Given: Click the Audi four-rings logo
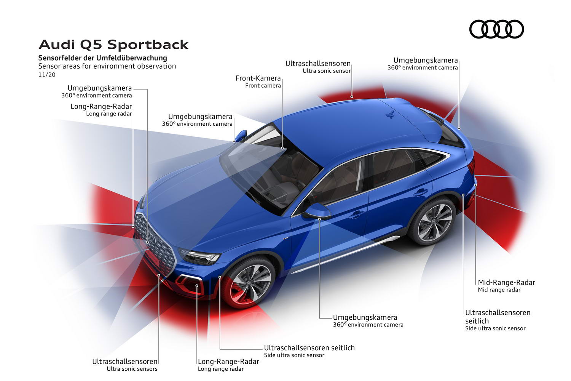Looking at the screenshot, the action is pyautogui.click(x=496, y=29).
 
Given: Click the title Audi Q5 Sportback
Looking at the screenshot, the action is pyautogui.click(x=113, y=45).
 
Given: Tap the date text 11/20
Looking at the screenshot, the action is pyautogui.click(x=47, y=75).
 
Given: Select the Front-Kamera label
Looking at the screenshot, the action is pyautogui.click(x=258, y=78).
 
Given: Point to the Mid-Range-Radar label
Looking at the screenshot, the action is pyautogui.click(x=507, y=282).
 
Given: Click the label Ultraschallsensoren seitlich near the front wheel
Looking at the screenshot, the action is pyautogui.click(x=309, y=347).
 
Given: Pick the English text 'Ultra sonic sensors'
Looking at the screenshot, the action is pyautogui.click(x=132, y=369).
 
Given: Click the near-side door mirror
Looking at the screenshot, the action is pyautogui.click(x=317, y=211).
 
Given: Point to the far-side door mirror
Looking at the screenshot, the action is pyautogui.click(x=240, y=136).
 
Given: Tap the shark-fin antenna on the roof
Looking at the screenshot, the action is pyautogui.click(x=390, y=115).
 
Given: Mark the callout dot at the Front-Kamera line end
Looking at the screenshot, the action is pyautogui.click(x=282, y=148).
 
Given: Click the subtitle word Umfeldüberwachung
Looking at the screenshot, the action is pyautogui.click(x=132, y=58).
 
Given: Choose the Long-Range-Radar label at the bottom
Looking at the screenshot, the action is pyautogui.click(x=228, y=361).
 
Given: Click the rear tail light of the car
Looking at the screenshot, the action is pyautogui.click(x=472, y=165).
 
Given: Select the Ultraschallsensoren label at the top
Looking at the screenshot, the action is pyautogui.click(x=318, y=63).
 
